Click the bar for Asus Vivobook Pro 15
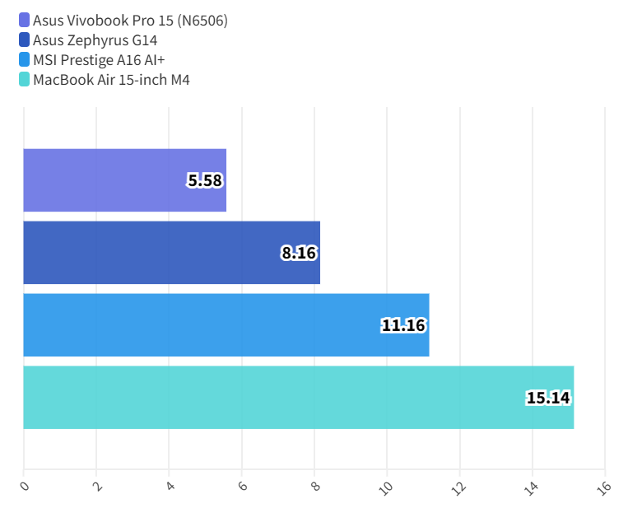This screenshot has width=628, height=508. (124, 180)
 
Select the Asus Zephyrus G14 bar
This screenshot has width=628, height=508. (171, 253)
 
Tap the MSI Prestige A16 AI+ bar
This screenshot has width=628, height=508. (226, 325)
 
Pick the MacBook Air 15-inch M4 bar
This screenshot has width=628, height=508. (298, 398)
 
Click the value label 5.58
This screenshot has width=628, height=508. (205, 180)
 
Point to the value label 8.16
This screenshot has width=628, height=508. (299, 253)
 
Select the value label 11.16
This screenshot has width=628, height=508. (403, 325)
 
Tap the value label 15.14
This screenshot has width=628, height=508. (548, 398)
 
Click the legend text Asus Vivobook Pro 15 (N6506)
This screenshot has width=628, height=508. (130, 20)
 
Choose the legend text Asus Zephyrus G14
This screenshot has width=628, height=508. (95, 40)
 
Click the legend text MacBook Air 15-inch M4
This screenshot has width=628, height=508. (111, 80)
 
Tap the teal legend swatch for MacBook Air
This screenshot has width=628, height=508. (24, 80)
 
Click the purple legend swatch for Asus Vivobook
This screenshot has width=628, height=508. (24, 20)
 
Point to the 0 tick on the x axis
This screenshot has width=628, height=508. (24, 487)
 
